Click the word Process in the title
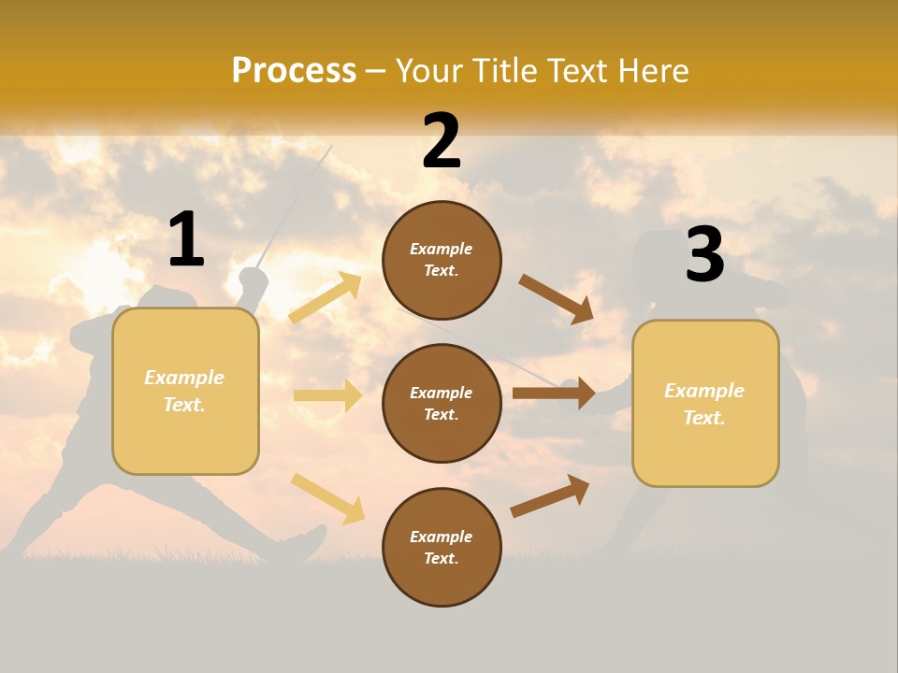[x=294, y=70]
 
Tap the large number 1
[x=186, y=239]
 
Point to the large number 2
[x=442, y=141]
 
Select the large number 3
[x=704, y=255]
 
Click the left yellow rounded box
[x=185, y=391]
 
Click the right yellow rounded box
[x=705, y=404]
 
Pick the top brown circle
[x=442, y=260]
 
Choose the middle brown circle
[x=442, y=403]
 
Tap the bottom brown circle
[x=442, y=547]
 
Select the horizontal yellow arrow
[x=327, y=395]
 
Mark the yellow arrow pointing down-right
[x=327, y=497]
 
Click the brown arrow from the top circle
[x=557, y=299]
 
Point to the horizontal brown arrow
[x=554, y=393]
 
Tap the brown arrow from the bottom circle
[x=550, y=495]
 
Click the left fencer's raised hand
[x=253, y=278]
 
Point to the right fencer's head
[x=659, y=257]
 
